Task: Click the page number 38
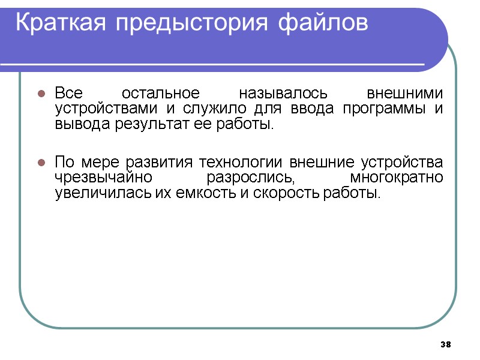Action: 445,344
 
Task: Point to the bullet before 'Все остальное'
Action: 41,94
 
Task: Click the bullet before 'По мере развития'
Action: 41,163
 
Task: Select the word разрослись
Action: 251,179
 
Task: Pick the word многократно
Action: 396,178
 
